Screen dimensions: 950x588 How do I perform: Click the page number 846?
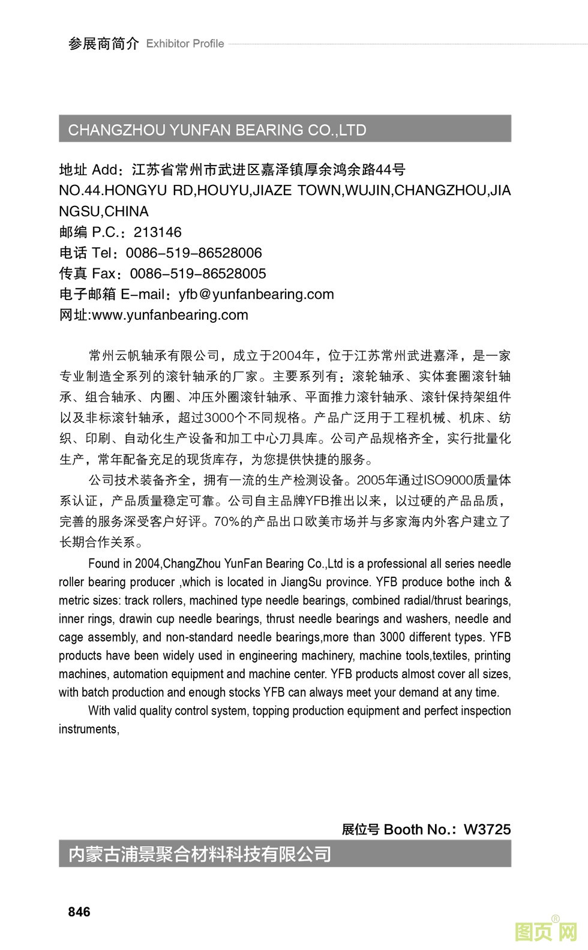tap(79, 912)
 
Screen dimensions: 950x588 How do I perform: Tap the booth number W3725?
tap(487, 829)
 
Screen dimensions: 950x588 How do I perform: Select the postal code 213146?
tap(157, 232)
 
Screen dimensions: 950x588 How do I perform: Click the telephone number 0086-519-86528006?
tap(194, 253)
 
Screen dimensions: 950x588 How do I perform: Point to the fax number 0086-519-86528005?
tap(198, 274)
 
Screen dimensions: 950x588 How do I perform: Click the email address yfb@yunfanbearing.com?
tap(256, 294)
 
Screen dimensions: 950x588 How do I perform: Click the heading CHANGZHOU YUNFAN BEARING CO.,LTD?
tap(217, 130)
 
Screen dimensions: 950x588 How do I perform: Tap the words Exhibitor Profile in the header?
tap(185, 44)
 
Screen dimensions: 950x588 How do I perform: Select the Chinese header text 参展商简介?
tap(103, 44)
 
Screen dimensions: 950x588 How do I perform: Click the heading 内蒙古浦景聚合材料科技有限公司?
tap(200, 853)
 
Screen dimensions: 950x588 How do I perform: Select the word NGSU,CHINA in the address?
tap(104, 211)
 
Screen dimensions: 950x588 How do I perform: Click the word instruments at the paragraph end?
tap(88, 729)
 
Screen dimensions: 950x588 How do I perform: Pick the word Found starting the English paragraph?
tap(103, 564)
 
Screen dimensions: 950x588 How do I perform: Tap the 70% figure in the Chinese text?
tap(226, 522)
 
